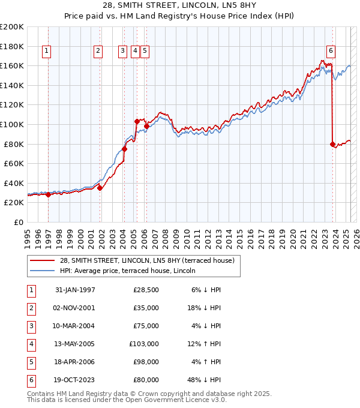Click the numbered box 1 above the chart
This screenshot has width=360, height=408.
click(47, 51)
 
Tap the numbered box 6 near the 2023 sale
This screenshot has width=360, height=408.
click(331, 51)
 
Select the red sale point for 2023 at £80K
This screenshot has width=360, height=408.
click(332, 144)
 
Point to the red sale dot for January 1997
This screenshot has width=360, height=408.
click(49, 194)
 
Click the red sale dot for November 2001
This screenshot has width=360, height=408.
click(100, 188)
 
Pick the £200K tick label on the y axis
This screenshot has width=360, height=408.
click(12, 27)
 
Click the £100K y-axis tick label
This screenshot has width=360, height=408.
click(12, 124)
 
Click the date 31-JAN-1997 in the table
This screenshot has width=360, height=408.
click(75, 290)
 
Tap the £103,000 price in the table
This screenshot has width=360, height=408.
click(143, 344)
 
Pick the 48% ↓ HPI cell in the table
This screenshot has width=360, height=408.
click(205, 380)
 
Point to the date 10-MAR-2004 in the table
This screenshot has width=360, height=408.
click(75, 326)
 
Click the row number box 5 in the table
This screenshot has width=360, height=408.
click(30, 362)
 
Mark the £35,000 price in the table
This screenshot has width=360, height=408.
click(146, 308)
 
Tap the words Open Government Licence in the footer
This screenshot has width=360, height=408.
click(174, 400)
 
